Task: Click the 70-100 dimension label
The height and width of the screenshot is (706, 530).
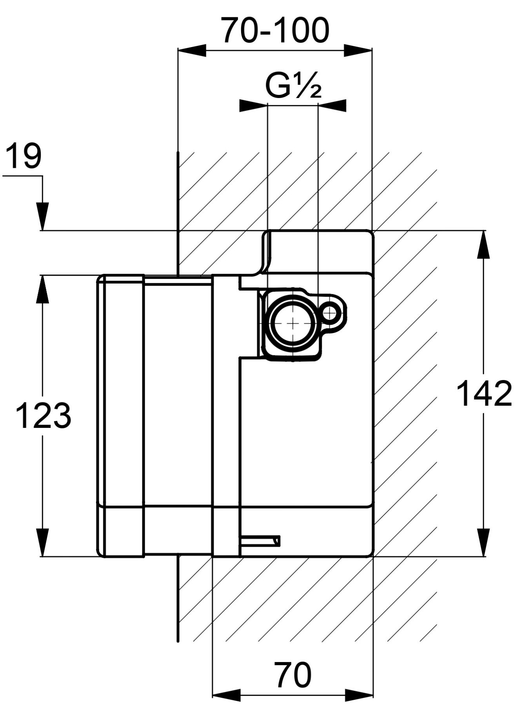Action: [x=275, y=31]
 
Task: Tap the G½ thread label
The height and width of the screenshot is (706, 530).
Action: [x=293, y=86]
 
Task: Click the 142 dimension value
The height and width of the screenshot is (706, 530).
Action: [x=485, y=393]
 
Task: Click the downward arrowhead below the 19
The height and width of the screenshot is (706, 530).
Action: [x=43, y=216]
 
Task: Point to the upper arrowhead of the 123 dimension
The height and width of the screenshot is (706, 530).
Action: [x=43, y=289]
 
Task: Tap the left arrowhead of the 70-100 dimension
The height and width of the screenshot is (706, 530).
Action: [x=192, y=50]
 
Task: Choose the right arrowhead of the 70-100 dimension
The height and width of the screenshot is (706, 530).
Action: [x=358, y=50]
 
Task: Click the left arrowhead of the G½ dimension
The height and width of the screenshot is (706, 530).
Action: [x=253, y=106]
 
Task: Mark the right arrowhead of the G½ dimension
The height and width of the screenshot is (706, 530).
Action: [x=332, y=106]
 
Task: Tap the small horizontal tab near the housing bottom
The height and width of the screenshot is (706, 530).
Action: [x=261, y=541]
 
